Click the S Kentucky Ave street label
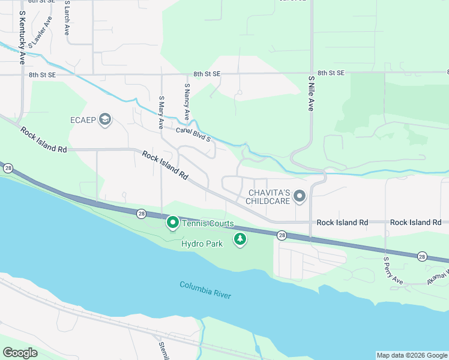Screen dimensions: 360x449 [x=22, y=37]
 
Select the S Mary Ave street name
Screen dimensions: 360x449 [x=161, y=112]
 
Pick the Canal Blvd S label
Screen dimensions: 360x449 [x=193, y=134]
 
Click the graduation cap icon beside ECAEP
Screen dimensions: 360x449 [x=106, y=119]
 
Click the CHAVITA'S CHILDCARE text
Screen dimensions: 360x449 [x=270, y=197]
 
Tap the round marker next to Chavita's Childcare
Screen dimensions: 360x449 [x=300, y=196]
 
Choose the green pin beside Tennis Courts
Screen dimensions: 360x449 [x=172, y=223]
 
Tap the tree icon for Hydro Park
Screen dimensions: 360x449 [x=240, y=239]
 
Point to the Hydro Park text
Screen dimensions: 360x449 [x=202, y=244]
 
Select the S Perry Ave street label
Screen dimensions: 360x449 [x=393, y=271]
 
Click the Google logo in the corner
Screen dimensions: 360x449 [x=20, y=353]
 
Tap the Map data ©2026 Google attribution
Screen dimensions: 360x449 [x=411, y=355]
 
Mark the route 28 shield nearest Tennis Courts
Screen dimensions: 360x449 [x=140, y=213]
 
